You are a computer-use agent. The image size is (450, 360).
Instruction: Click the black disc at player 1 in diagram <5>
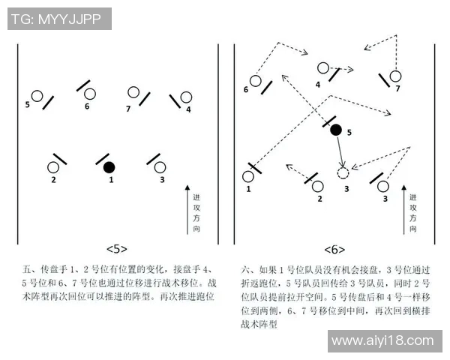109,166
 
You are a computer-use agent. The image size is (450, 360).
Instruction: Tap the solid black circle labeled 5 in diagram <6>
336,130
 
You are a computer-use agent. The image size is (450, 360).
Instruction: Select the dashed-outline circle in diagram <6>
343,173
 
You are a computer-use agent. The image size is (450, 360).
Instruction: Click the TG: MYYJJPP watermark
58,19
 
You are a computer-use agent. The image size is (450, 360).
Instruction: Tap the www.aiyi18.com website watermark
382,341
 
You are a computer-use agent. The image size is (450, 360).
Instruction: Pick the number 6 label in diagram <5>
87,106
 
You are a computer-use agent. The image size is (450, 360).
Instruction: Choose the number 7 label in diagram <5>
128,109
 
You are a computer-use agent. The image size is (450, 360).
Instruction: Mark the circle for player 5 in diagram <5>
36,96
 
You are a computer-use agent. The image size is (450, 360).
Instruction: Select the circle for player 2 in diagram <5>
54,167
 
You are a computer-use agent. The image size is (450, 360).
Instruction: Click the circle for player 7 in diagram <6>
395,76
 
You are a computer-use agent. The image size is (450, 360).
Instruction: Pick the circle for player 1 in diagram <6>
248,177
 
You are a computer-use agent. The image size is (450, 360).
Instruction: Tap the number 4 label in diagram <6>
318,85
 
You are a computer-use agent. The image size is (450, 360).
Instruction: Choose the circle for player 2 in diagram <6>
318,185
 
